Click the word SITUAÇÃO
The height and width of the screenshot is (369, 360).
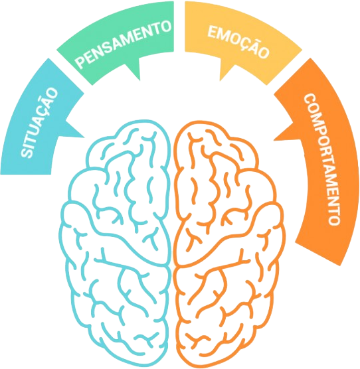39,122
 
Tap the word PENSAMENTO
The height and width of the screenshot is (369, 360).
124,44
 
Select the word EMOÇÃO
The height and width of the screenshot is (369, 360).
238,42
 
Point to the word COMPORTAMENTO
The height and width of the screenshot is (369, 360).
322,159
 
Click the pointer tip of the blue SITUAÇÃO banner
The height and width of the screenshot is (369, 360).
84,137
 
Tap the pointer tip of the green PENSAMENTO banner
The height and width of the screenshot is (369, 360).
140,80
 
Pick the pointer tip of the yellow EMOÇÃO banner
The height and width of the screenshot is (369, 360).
220,81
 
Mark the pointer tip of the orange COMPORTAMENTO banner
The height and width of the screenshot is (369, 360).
274,140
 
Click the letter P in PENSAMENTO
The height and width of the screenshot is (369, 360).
81,62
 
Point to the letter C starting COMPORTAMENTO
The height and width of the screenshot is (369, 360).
310,99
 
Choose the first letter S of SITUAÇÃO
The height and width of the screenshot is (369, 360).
27,153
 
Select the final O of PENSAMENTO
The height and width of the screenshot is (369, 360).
165,26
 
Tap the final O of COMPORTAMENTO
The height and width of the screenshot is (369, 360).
334,220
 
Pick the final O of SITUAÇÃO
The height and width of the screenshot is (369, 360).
52,93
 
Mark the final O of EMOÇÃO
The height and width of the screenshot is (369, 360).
263,52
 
